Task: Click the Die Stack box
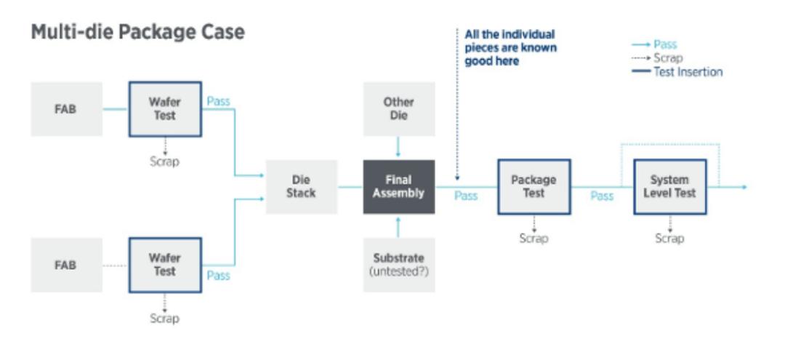tap(302, 187)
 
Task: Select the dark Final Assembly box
tap(399, 187)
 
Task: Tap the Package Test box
tap(534, 187)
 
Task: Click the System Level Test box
tap(670, 187)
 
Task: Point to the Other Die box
tap(399, 109)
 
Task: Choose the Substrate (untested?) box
tap(399, 265)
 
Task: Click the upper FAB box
tap(67, 109)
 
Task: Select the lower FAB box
tap(67, 265)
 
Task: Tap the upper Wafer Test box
tap(165, 109)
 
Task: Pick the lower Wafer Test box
tap(165, 265)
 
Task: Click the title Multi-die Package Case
tap(137, 32)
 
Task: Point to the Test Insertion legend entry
tap(677, 71)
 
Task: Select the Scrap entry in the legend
tap(657, 58)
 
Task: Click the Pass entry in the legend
tap(654, 44)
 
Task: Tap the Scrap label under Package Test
tap(534, 239)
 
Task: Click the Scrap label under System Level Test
tap(670, 239)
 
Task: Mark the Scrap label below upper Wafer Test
tap(165, 161)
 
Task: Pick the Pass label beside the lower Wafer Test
tap(218, 276)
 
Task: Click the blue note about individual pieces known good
tap(511, 47)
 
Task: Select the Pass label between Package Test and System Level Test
tap(602, 196)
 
